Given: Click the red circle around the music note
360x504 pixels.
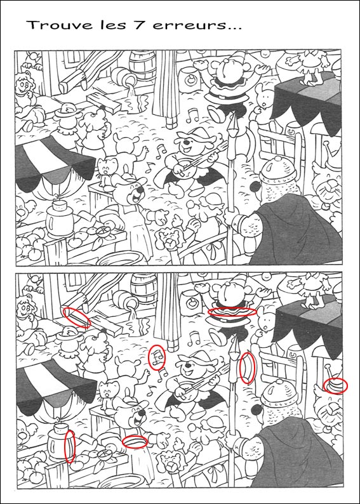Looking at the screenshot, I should pos(156,357).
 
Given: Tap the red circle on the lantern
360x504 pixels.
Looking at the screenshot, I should pos(70,446).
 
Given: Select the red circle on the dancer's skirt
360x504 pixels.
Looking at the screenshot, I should pos(232,312).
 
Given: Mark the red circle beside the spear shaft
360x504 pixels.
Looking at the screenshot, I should pos(248,368).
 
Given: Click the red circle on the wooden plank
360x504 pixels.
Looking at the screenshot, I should pos(76,316).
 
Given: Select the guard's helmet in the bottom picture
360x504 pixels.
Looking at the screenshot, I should pos(277,392).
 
